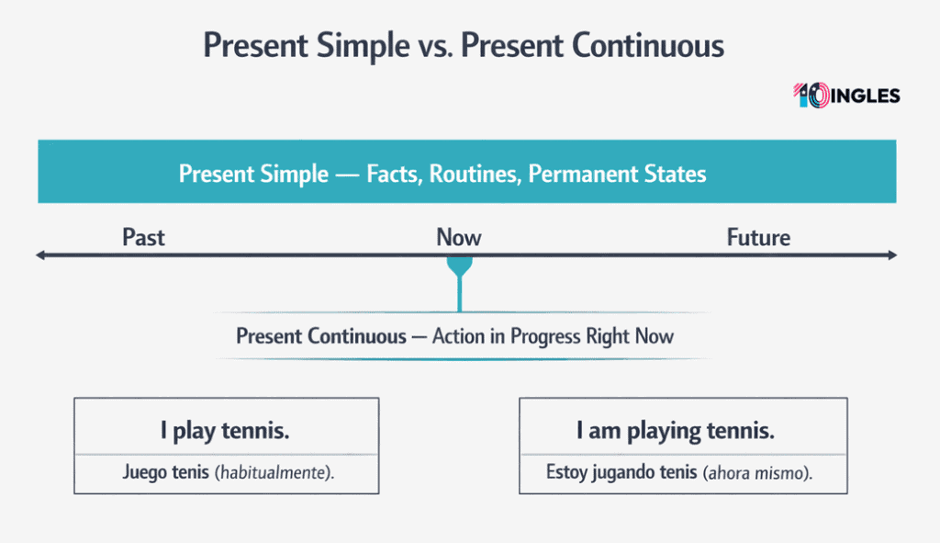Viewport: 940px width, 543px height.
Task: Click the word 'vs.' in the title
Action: click(434, 45)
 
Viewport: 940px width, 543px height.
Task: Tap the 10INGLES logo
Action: click(845, 96)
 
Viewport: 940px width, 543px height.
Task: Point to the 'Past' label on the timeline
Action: click(143, 238)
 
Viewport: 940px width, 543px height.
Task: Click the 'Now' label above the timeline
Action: click(458, 238)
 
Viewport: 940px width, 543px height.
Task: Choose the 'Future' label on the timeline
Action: click(758, 238)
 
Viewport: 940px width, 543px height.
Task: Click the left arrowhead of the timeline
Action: click(40, 255)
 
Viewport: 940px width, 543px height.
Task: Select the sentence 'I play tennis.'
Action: click(225, 430)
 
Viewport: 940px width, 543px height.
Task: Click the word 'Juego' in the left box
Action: click(142, 474)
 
